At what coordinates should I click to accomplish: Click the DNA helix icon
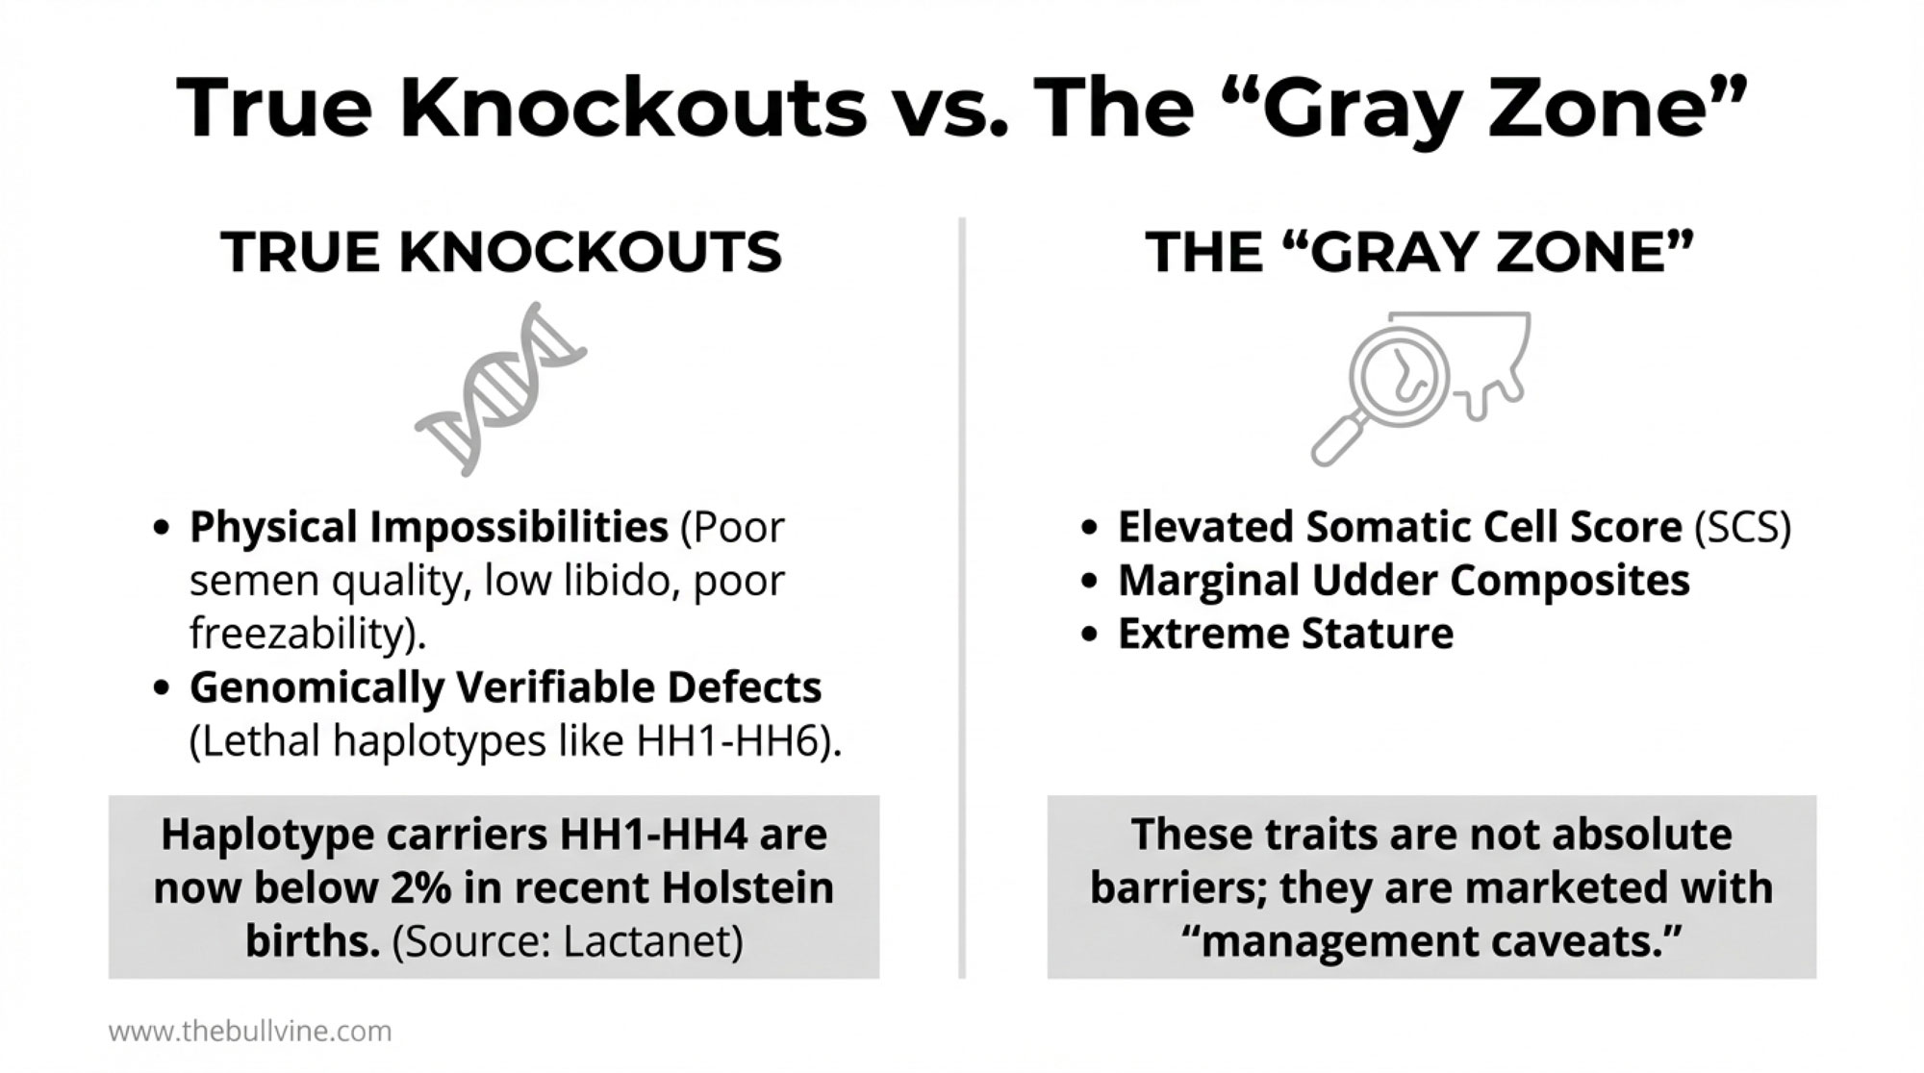tap(500, 388)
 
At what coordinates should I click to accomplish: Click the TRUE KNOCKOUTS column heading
tap(501, 252)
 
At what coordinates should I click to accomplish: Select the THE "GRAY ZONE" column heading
tap(1419, 252)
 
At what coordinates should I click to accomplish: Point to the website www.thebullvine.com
tap(250, 1032)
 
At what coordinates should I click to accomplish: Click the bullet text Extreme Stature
tap(1285, 634)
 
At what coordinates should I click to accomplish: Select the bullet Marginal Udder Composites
tap(1404, 581)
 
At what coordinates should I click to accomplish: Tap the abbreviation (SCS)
tap(1742, 527)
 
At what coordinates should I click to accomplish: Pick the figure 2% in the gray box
tap(420, 887)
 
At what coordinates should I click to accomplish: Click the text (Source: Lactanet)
tap(568, 941)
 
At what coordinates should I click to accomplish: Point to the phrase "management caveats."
tap(1431, 941)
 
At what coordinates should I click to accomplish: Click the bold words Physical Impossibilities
tap(429, 527)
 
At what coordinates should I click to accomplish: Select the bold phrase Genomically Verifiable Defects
tap(506, 687)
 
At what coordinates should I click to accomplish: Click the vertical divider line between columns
tap(962, 598)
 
